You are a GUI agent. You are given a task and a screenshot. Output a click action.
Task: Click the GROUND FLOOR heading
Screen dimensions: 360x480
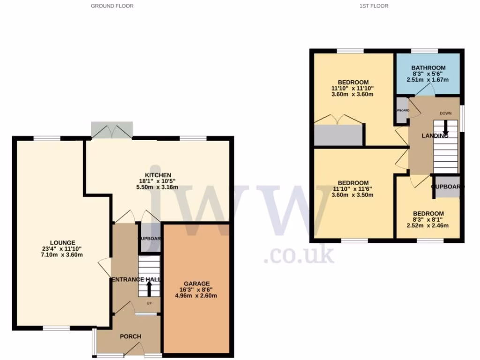tap(112, 6)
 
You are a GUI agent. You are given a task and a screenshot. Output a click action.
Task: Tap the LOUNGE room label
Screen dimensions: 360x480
tap(61, 242)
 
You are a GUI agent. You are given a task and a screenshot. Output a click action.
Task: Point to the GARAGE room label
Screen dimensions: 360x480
tap(196, 283)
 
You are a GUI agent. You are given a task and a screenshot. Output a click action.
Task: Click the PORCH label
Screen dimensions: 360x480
tap(130, 336)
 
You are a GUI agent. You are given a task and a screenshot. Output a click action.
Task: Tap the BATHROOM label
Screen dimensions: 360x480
tap(428, 68)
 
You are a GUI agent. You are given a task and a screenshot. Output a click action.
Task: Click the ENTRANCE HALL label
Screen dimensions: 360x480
tap(136, 279)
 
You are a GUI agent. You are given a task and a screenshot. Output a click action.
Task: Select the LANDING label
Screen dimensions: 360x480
tap(435, 135)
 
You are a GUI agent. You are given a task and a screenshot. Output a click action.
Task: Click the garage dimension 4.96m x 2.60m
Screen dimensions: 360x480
tap(196, 296)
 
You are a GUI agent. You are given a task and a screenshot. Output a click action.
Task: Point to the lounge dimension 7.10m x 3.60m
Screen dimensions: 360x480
tap(61, 255)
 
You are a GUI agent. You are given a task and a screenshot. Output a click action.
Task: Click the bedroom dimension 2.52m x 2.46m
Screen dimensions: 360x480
tap(427, 225)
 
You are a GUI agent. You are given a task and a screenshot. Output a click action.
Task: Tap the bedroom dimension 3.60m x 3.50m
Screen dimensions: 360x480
tap(353, 195)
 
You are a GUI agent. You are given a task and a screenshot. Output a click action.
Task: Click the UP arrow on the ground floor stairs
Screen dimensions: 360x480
tap(149, 291)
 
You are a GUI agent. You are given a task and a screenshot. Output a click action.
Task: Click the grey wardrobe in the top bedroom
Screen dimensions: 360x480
tap(339, 135)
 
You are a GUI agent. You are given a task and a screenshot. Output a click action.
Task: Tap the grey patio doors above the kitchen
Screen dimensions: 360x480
tap(112, 129)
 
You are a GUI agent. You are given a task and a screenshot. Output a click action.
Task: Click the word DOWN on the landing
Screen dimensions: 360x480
tap(445, 113)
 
